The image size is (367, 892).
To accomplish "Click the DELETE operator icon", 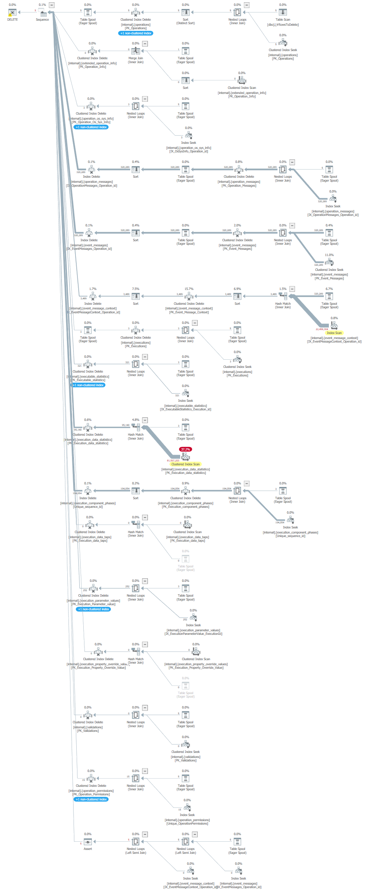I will [12, 12].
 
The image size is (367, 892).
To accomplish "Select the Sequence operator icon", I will [42, 12].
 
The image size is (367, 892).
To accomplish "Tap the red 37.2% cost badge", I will [185, 449].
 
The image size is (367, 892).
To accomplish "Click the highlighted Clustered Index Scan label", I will [186, 464].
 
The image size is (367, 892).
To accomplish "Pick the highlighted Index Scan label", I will [334, 333].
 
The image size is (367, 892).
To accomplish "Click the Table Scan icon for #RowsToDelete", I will [283, 12].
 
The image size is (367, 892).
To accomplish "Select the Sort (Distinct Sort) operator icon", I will [185, 12].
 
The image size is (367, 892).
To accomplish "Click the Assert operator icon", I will [88, 842].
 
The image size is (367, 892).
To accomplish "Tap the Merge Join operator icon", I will [135, 51].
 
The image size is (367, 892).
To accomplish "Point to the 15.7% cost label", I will [189, 289].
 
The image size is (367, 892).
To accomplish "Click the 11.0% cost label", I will [329, 255].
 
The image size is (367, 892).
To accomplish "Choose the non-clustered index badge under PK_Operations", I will [135, 33].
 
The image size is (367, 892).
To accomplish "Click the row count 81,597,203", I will [173, 460].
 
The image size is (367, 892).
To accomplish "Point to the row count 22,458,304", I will [321, 329].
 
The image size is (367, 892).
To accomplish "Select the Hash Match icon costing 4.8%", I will [135, 427].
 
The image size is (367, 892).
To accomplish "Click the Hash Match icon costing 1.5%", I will [283, 296].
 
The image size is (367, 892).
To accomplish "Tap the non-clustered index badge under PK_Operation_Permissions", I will [91, 799].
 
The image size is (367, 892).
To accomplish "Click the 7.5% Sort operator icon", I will [135, 296].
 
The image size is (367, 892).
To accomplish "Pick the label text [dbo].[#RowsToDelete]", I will [283, 25].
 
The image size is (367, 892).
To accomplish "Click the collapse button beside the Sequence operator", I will [52, 5].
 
